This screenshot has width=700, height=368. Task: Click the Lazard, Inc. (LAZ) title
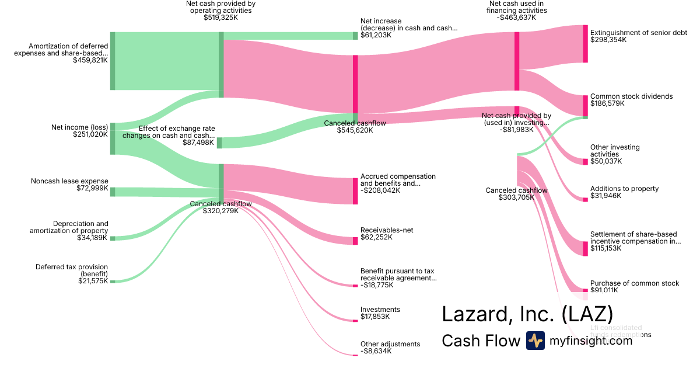tap(527, 314)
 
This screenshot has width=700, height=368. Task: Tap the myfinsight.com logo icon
tap(535, 341)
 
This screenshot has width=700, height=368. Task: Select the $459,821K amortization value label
tap(90, 60)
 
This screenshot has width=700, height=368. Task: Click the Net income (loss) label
tap(79, 127)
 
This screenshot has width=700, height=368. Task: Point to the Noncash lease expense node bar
tap(113, 192)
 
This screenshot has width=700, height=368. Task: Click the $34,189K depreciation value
tap(93, 238)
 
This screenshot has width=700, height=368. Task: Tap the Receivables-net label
tap(387, 230)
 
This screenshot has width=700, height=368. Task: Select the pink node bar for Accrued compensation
tap(355, 191)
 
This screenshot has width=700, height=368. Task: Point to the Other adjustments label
tap(390, 344)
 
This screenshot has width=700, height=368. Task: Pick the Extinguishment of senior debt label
tap(639, 33)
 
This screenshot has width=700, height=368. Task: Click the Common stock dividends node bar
tap(586, 106)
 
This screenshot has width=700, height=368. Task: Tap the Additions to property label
tap(624, 189)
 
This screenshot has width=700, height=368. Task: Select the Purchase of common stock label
tap(635, 283)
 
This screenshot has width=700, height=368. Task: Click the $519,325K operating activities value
tap(220, 18)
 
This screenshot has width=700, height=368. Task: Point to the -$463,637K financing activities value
tap(516, 18)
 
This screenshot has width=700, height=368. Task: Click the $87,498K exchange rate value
tap(197, 143)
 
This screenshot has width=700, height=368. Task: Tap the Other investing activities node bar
tap(586, 161)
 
